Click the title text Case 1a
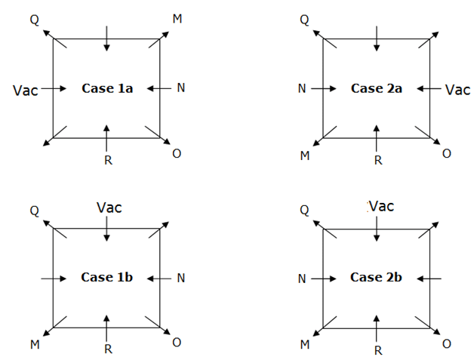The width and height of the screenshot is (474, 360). (x=107, y=88)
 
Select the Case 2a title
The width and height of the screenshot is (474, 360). (x=376, y=88)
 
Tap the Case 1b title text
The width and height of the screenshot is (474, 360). (x=107, y=277)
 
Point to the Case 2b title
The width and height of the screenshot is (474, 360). (x=376, y=277)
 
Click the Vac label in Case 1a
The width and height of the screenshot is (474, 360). (x=25, y=90)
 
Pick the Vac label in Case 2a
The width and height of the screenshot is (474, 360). (x=457, y=90)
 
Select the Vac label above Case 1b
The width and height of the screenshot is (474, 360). (x=109, y=207)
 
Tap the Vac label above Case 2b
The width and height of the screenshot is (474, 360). (x=382, y=206)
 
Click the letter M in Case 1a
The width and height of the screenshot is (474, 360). (x=177, y=18)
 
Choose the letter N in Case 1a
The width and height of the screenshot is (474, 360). (x=180, y=88)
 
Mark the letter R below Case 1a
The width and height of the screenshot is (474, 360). (x=107, y=160)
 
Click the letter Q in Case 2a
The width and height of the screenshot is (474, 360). (x=304, y=19)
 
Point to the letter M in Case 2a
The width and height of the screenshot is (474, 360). (x=305, y=155)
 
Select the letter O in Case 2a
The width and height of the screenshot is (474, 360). (x=447, y=154)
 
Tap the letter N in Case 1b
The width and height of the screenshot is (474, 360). (x=180, y=278)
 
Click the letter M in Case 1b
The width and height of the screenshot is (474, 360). (x=35, y=344)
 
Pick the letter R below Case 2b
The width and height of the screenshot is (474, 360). (x=378, y=349)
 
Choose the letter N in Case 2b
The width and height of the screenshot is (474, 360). (x=302, y=278)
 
